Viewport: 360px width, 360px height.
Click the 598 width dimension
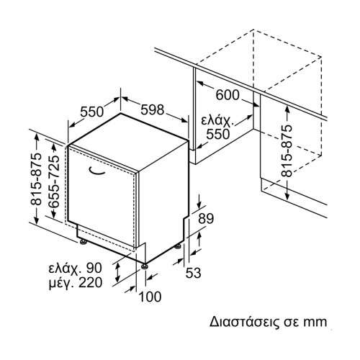(x=152, y=109)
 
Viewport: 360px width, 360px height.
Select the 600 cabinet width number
(x=228, y=95)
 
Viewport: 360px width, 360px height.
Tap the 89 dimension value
(x=206, y=218)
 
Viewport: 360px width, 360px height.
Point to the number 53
(x=193, y=273)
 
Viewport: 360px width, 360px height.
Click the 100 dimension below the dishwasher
(x=150, y=297)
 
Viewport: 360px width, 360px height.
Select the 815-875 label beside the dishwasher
(x=36, y=179)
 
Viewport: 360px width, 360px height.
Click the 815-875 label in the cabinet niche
(x=287, y=151)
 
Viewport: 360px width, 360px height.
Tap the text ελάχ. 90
(x=76, y=268)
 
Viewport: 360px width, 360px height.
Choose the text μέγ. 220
(x=76, y=283)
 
